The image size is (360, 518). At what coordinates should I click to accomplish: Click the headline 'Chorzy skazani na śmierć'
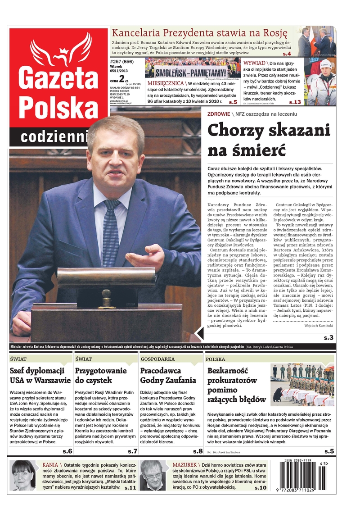click(269, 139)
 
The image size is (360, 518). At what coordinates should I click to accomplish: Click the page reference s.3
click(328, 338)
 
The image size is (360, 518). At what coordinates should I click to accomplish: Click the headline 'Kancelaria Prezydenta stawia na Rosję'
click(199, 33)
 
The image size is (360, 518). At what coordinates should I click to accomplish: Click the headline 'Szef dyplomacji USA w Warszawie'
click(40, 376)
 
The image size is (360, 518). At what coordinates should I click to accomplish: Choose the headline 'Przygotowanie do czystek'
click(101, 376)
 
